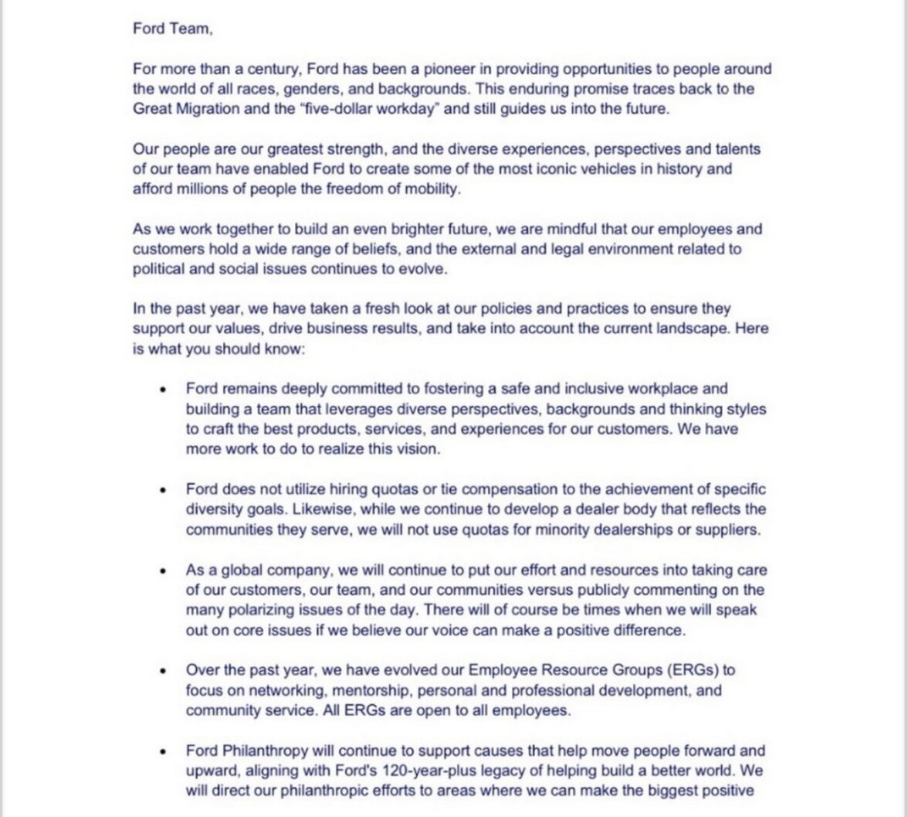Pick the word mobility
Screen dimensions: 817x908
432,189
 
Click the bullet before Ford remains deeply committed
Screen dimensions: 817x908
163,390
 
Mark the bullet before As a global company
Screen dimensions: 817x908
163,570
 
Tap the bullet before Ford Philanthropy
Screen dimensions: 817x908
163,751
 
